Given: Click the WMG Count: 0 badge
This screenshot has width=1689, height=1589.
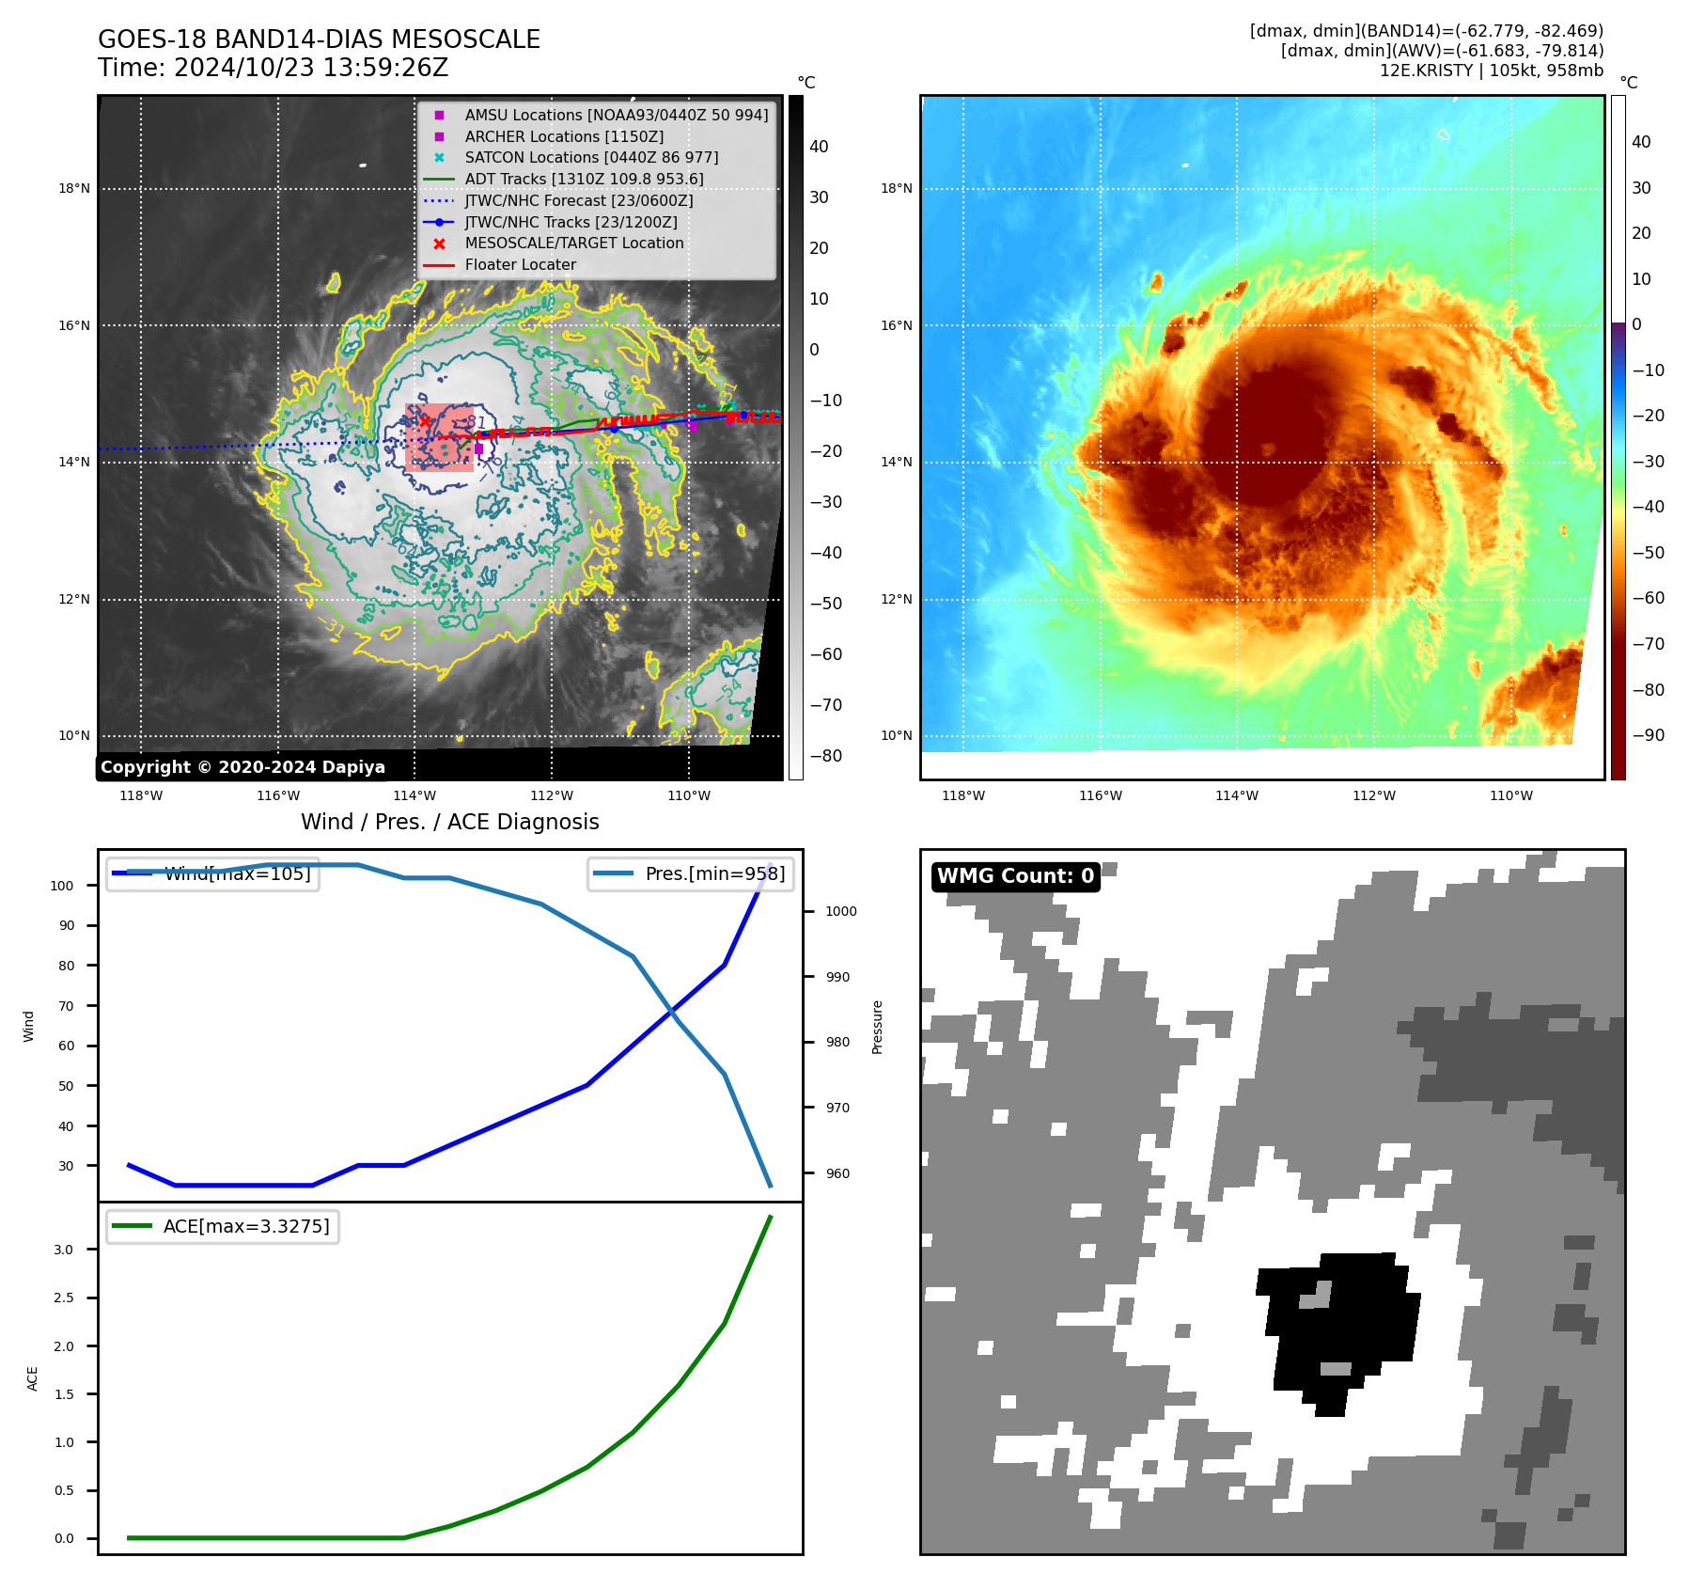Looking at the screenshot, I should tap(1015, 876).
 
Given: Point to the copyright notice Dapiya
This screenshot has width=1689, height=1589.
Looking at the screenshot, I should tap(242, 767).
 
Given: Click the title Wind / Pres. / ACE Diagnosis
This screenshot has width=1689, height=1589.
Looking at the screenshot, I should tap(449, 822).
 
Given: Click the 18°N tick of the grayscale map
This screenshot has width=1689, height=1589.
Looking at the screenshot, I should tap(74, 189).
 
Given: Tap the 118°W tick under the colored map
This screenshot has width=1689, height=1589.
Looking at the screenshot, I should tap(963, 796).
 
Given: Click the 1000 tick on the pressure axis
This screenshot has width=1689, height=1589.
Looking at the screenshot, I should tap(840, 911).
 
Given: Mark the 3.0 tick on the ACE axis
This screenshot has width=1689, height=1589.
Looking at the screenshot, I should tap(63, 1250).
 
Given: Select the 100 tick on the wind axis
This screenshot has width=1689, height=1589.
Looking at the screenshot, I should tap(62, 886).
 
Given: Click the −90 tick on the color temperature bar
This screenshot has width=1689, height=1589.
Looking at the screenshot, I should tap(1648, 735).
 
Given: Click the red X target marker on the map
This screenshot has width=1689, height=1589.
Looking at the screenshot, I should tap(425, 421).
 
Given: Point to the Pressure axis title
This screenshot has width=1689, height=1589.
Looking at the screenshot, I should tap(877, 1027).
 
